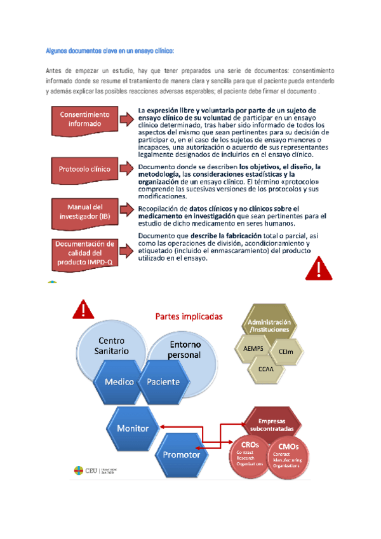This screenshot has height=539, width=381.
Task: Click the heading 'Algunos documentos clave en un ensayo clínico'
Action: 110,50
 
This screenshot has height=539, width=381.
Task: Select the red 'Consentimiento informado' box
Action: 84,119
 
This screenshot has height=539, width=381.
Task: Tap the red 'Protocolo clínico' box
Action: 84,170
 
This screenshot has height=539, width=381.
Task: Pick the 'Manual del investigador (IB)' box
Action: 84,211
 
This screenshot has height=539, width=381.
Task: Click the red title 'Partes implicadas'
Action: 189,316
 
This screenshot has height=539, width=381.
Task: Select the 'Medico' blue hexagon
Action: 115,382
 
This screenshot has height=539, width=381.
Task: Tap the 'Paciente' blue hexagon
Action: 163,382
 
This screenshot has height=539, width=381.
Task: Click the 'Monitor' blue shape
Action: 132,428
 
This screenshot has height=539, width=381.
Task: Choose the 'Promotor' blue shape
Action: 182,454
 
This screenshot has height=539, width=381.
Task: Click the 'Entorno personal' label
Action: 184,350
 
